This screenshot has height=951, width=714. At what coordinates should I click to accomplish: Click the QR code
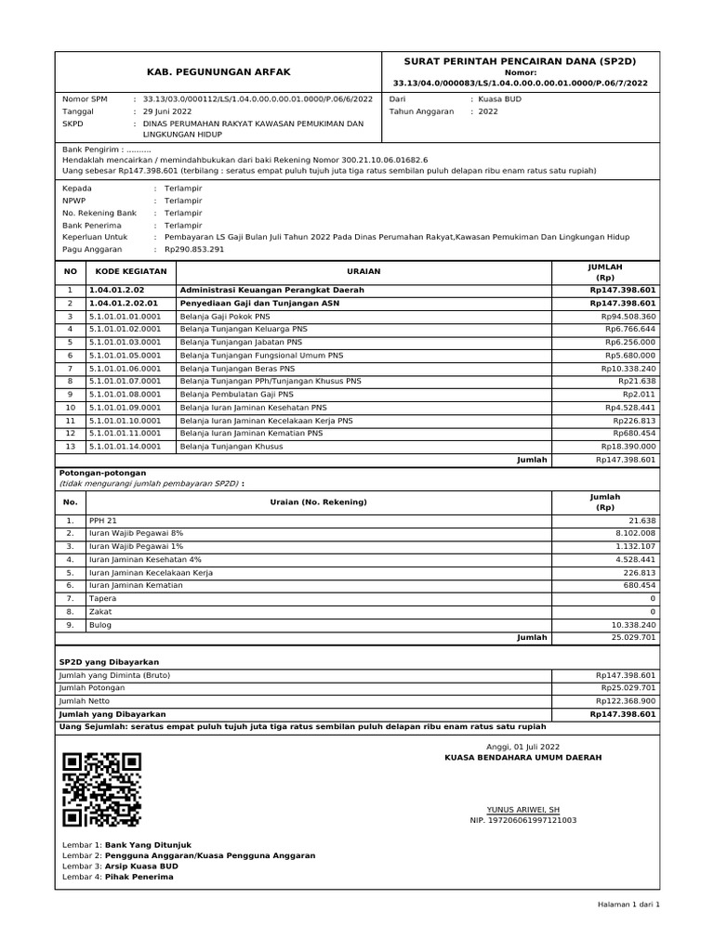tap(101, 789)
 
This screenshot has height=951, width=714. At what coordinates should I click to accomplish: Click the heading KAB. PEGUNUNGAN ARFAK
tap(217, 72)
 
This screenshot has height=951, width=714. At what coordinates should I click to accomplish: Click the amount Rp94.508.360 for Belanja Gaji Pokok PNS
tap(629, 317)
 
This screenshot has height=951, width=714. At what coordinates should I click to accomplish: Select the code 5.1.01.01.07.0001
tap(125, 381)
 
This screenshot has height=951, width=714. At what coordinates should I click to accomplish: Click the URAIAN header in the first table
tap(364, 271)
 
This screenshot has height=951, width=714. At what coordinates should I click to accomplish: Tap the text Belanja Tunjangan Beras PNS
tap(237, 368)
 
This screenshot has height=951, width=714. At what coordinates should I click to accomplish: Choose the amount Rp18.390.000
tap(629, 446)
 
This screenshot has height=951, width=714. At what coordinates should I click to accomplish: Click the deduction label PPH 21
tap(102, 521)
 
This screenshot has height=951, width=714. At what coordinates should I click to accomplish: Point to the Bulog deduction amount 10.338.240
tap(631, 625)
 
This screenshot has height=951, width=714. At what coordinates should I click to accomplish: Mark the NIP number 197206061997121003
tap(523, 821)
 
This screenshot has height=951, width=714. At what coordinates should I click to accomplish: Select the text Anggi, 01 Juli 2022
tap(523, 747)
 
